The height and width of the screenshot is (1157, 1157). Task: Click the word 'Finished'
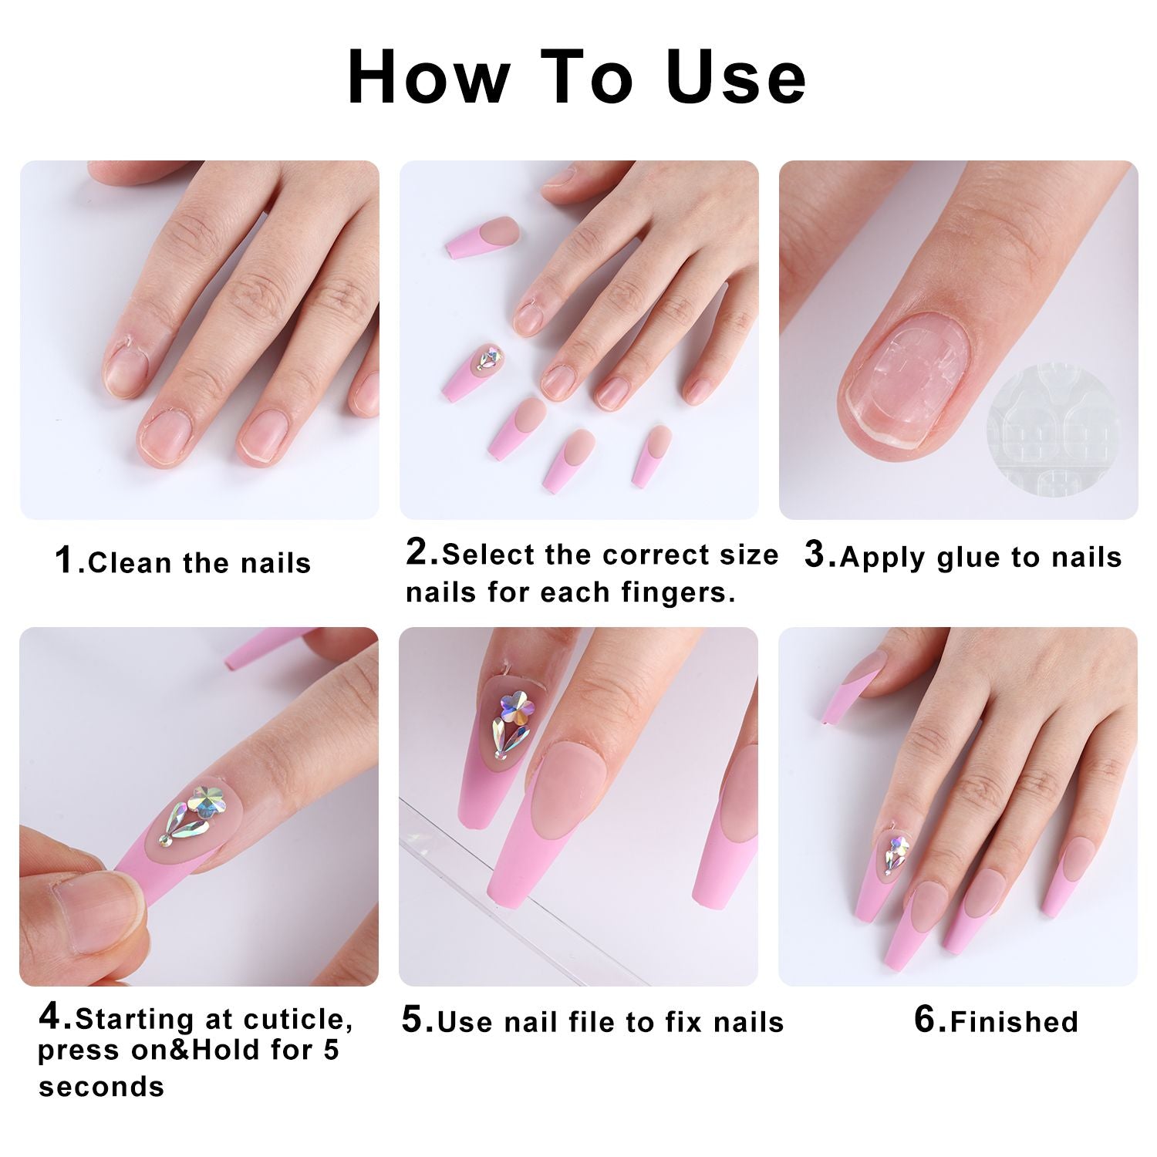(1014, 1022)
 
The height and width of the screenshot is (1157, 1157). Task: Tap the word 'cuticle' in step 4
(298, 1020)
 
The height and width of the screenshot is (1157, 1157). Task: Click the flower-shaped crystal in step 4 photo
(208, 801)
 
